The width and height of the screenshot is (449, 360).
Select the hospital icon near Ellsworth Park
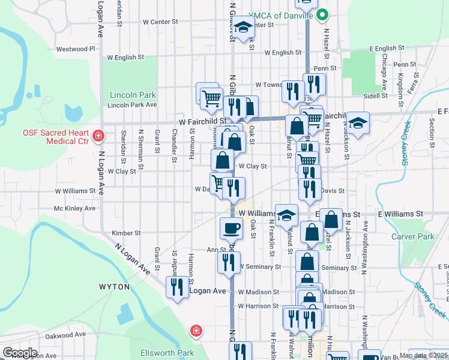[x=195, y=331]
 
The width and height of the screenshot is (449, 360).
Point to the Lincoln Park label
[x=133, y=95]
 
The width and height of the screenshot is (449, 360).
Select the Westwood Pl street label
[x=76, y=49]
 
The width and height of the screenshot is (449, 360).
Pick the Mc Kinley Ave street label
[x=74, y=208]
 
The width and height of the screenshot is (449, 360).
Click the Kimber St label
[x=126, y=233]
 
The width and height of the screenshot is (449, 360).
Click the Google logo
[x=20, y=353]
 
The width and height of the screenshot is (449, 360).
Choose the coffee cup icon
[x=231, y=228]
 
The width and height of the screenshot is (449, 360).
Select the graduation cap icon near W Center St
[x=243, y=27]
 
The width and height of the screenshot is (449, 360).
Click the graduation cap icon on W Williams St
[x=287, y=214]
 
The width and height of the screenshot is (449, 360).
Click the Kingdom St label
[x=400, y=73]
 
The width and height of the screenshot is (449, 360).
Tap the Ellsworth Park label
[x=163, y=352]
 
